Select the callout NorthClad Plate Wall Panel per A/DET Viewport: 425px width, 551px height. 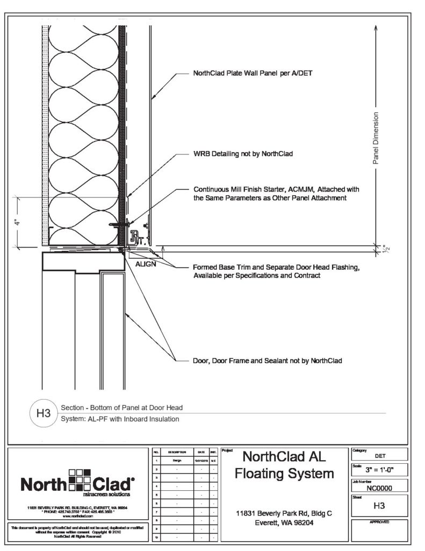(x=249, y=74)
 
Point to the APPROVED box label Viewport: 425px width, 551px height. (x=379, y=522)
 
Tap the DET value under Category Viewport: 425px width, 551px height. (x=379, y=455)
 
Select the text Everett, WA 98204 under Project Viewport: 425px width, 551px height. (x=284, y=524)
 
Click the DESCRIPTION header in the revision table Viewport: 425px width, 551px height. (x=177, y=453)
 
